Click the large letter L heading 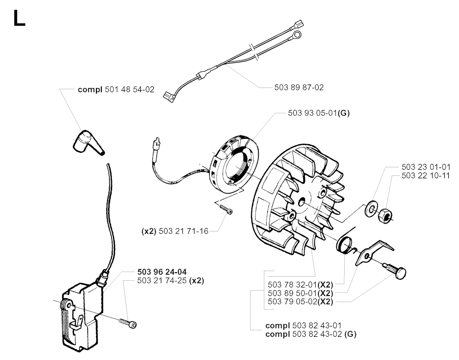tap(19, 18)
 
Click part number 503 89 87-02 tap(299, 88)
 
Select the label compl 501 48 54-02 tap(116, 90)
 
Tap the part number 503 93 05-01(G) tap(318, 113)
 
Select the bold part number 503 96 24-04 tap(162, 272)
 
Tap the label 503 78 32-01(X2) tap(299, 284)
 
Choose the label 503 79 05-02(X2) tap(299, 301)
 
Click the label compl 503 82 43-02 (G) tap(311, 334)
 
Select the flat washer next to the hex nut tap(371, 209)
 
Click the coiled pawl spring tap(345, 244)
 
